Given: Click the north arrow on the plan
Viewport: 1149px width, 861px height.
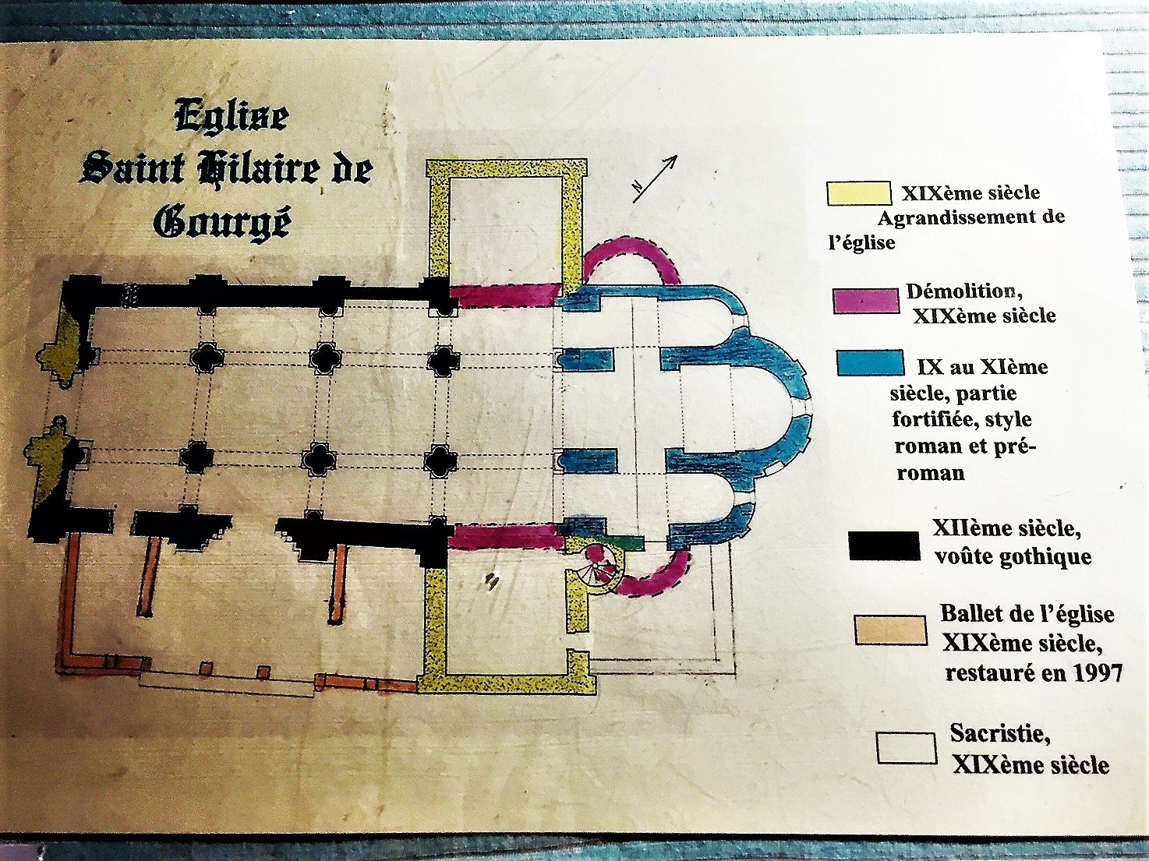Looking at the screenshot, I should coord(655,178).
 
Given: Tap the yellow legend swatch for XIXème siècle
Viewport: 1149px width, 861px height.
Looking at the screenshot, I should coord(858,193).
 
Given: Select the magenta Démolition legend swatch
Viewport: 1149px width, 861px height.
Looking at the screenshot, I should coord(865,301).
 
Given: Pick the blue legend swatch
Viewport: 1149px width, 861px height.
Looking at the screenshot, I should coord(870,363).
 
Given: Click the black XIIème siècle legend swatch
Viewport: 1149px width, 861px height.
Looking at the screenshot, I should coord(884,545).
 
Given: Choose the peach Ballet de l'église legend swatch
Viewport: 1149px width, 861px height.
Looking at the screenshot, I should coord(890,630).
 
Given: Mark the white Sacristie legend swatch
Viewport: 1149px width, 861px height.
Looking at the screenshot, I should coord(906,748).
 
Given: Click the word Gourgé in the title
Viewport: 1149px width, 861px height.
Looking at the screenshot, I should coord(223,223).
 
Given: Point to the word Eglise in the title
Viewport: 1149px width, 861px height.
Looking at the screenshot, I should coord(232,118).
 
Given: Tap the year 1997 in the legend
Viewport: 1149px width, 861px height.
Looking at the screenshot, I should coord(1097,673).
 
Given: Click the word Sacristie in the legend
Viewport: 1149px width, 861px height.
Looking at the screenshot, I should coord(999,733).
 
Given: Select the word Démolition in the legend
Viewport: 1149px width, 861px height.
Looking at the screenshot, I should coord(963,291).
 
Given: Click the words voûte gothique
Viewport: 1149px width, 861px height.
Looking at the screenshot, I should coord(1013,556).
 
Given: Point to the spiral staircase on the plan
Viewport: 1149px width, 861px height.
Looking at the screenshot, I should coord(601,566).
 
